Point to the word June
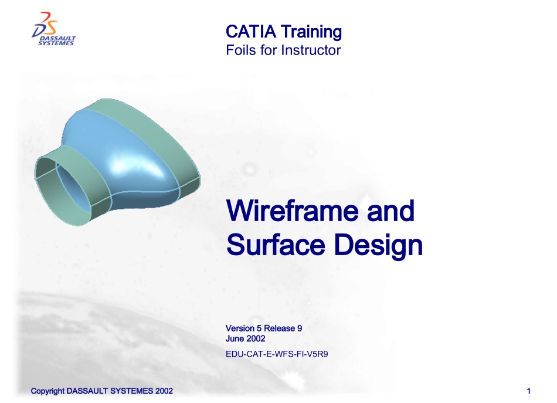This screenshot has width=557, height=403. click(235, 338)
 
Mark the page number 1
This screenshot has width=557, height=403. click(529, 391)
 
